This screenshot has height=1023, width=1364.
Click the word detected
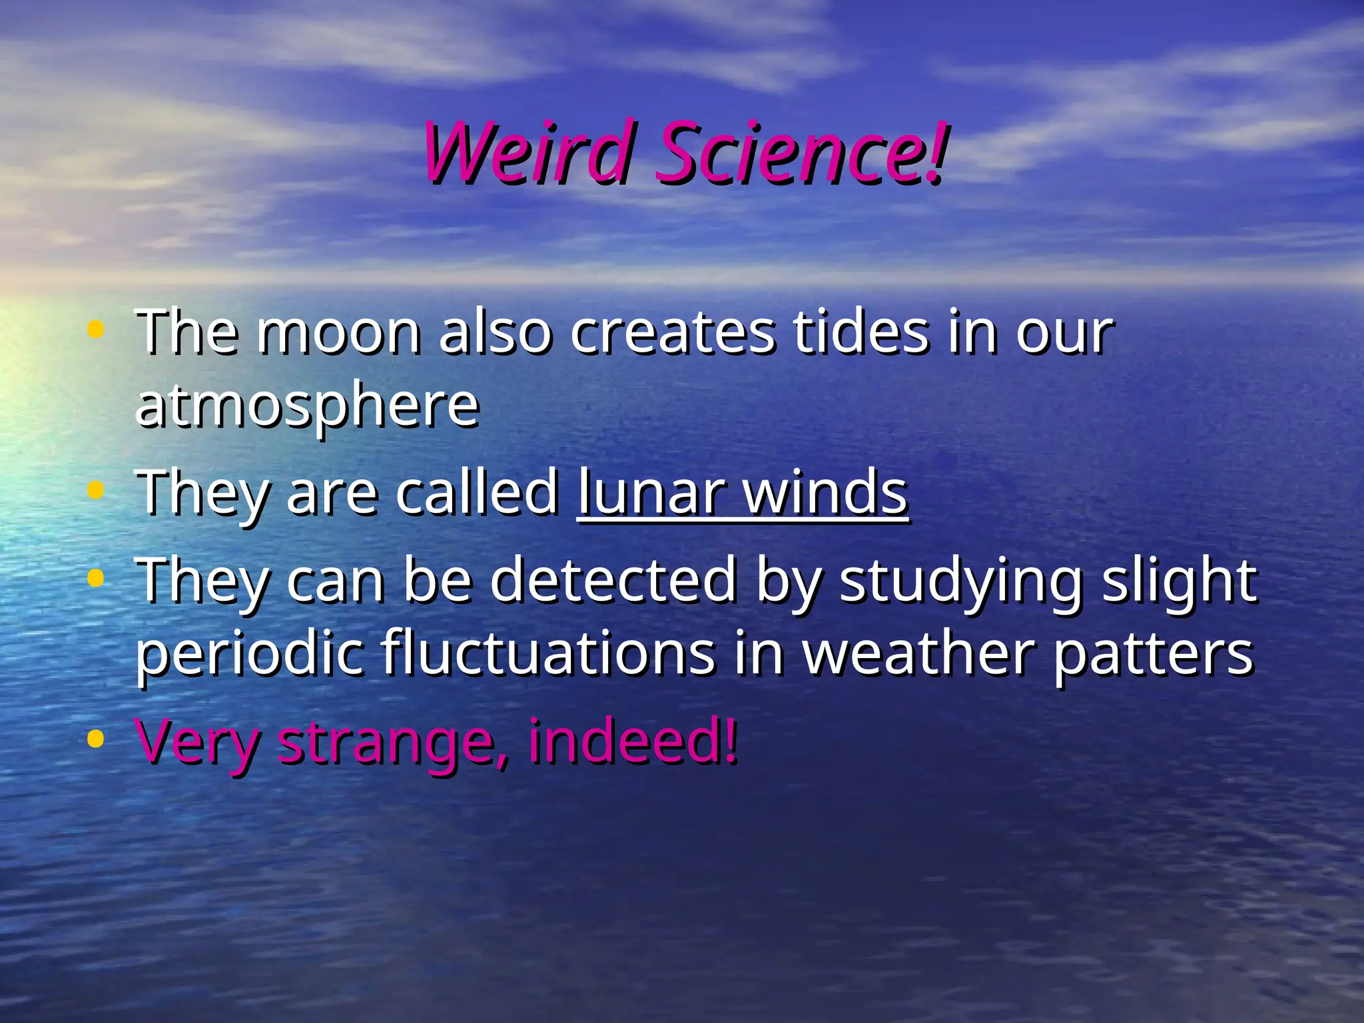point(613,580)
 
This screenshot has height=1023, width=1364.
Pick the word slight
point(1180,581)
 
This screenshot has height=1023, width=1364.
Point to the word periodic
point(250,655)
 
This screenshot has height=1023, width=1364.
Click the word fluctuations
point(549,653)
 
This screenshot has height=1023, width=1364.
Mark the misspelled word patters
point(1153,655)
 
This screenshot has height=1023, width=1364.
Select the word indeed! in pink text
point(633,740)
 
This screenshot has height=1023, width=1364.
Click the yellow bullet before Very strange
point(96,739)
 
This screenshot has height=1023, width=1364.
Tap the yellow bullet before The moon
point(96,329)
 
